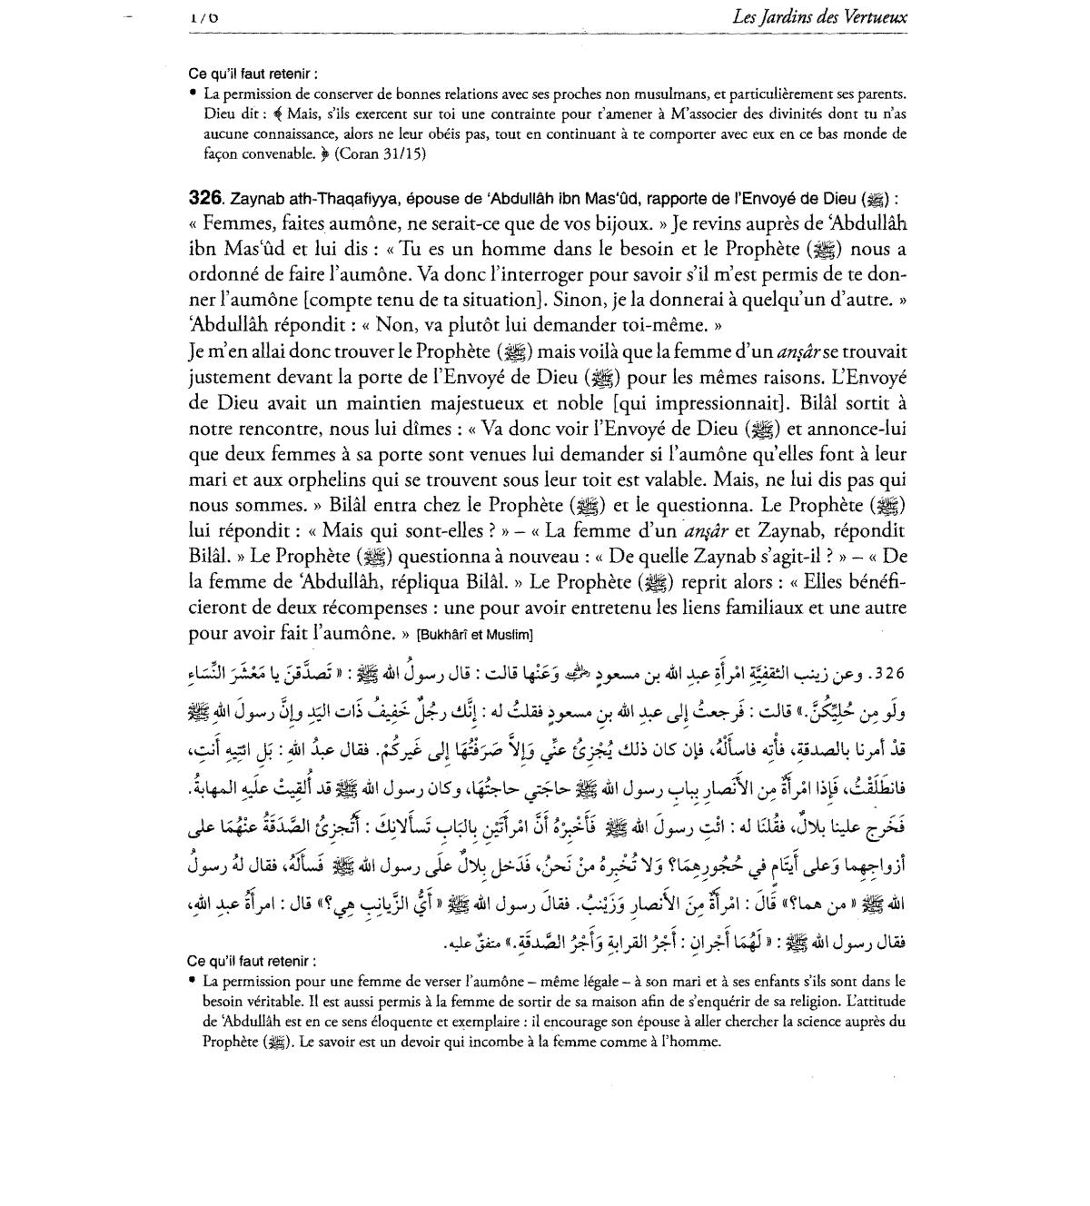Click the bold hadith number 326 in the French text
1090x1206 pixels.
click(204, 198)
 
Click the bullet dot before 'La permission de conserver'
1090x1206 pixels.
click(193, 93)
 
